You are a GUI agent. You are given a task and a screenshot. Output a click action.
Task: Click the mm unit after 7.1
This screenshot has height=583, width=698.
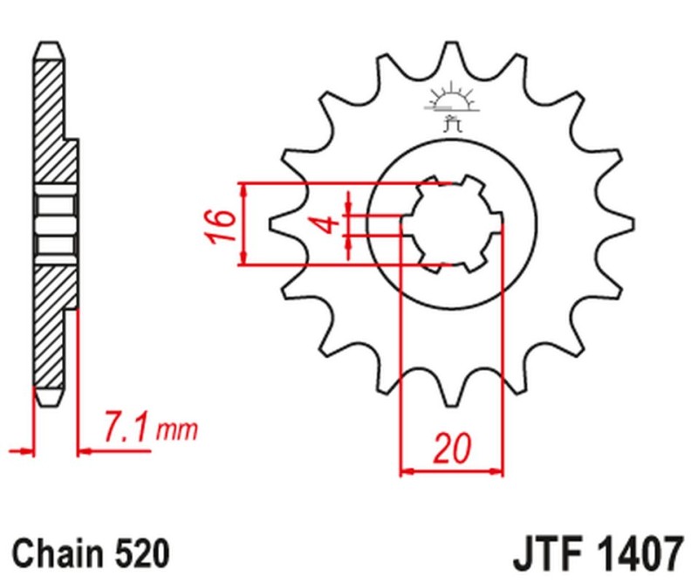click(x=181, y=430)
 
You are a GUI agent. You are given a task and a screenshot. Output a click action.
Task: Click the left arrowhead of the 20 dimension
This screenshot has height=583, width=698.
click(x=406, y=472)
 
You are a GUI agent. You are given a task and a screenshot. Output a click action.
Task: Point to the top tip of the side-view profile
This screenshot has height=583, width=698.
click(x=49, y=44)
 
